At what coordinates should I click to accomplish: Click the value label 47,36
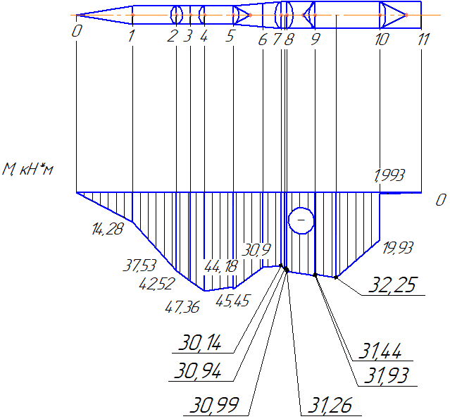coord(182,307)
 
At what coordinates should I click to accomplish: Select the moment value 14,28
coord(108,229)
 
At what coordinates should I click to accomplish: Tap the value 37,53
coord(139,265)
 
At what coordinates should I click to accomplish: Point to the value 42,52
coord(157,284)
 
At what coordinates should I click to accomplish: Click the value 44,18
coord(221,267)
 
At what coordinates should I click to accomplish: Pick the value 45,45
coord(233,301)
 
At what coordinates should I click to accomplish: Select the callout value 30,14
coord(200,342)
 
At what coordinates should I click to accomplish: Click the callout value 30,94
coord(198,370)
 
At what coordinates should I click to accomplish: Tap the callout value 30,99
coord(214,405)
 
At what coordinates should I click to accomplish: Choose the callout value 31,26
coord(330,405)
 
